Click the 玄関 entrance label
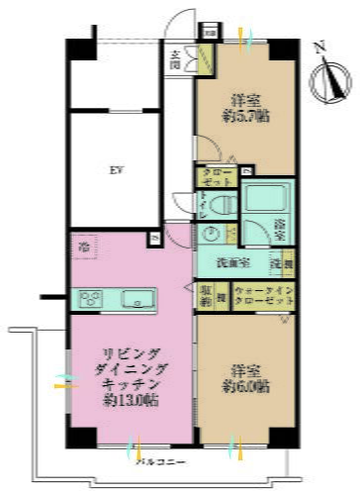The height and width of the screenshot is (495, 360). click(174, 60)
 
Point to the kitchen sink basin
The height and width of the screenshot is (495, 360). click(133, 297)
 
